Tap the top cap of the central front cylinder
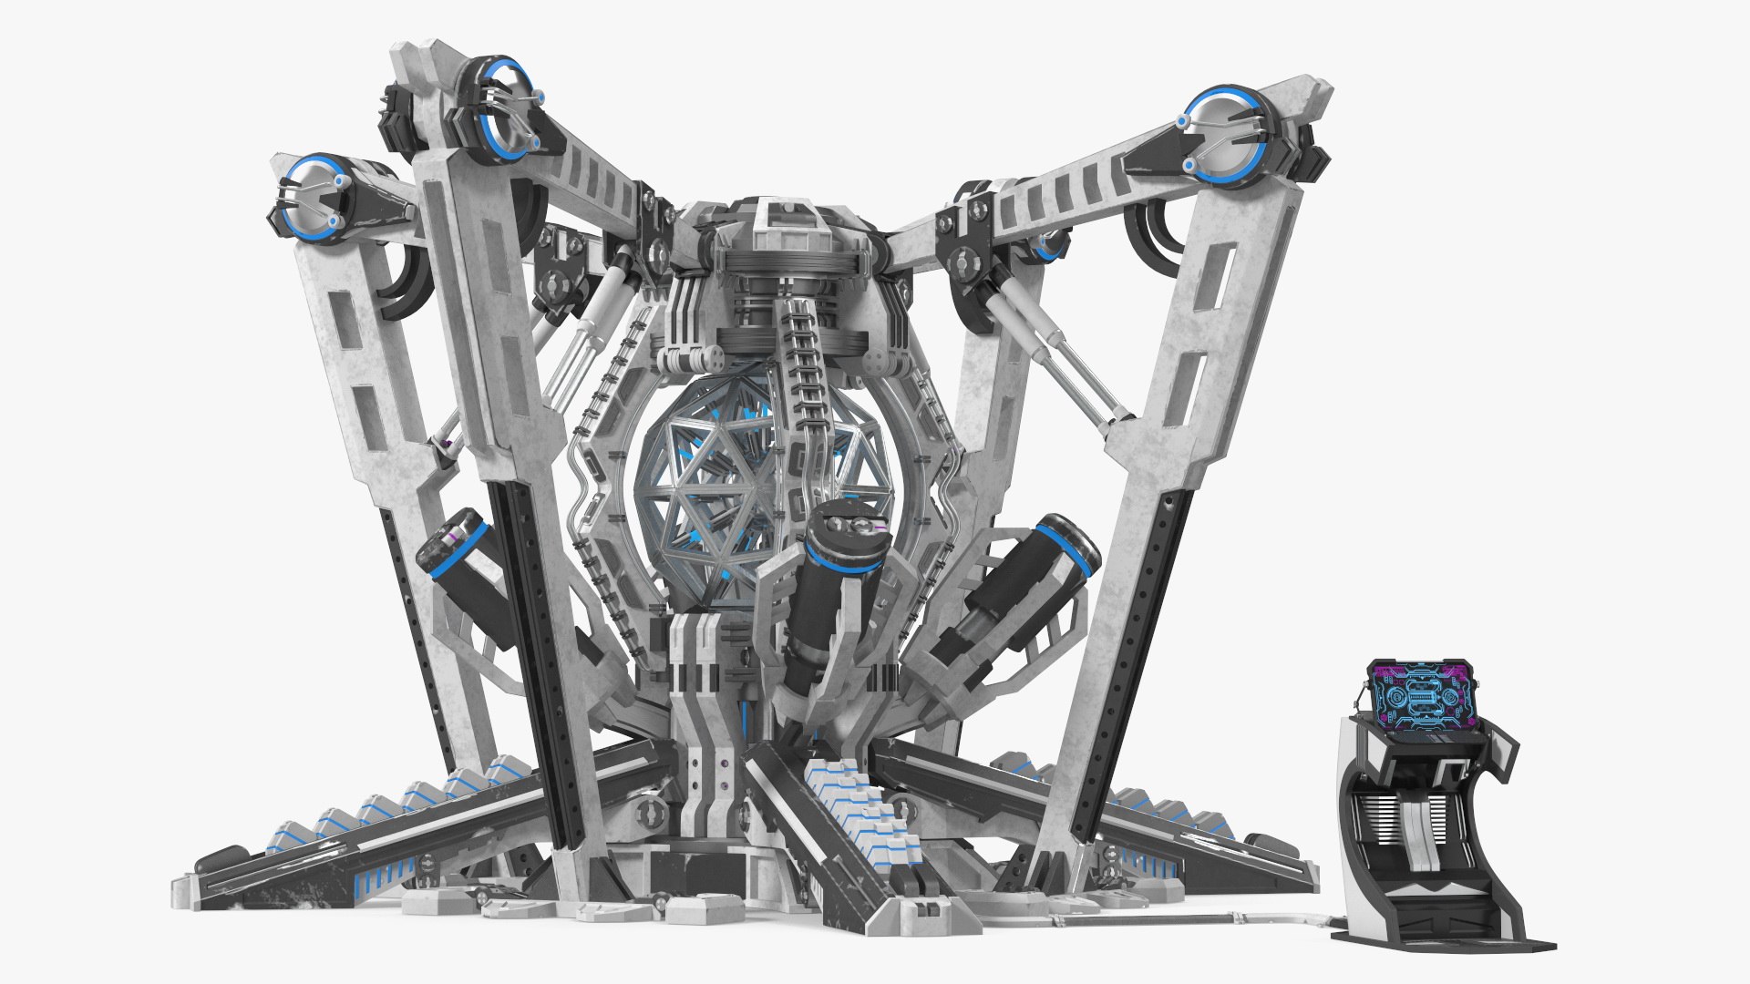(844, 527)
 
